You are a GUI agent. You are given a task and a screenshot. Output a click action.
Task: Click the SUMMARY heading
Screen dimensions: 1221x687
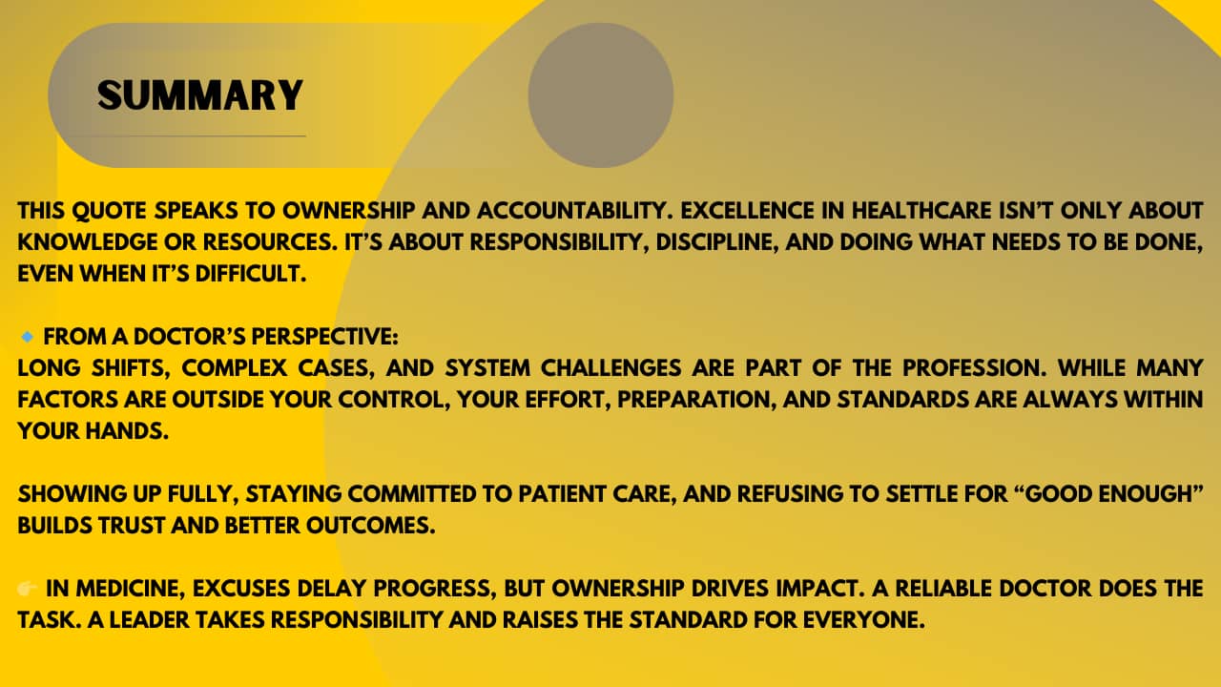(x=200, y=95)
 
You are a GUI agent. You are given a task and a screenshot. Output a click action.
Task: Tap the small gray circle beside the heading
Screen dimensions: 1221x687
(x=601, y=94)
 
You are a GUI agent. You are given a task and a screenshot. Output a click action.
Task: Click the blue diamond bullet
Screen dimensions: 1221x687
(x=27, y=337)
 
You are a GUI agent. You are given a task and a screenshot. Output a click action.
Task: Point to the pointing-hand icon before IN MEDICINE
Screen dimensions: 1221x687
(x=28, y=589)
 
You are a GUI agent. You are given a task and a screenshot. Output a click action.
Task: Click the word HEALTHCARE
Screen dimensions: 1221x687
(x=921, y=211)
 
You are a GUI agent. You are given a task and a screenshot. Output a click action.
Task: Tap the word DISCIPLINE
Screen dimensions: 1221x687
(x=717, y=242)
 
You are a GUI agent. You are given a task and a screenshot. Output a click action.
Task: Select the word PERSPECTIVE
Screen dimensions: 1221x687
(x=324, y=337)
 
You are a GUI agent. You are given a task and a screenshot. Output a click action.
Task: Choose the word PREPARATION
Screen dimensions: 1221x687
(x=697, y=400)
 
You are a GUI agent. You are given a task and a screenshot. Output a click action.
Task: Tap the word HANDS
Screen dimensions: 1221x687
(x=127, y=431)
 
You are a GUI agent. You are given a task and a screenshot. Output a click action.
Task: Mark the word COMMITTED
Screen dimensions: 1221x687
(x=412, y=494)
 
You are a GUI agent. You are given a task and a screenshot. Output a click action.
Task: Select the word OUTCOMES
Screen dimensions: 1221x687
(x=371, y=526)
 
